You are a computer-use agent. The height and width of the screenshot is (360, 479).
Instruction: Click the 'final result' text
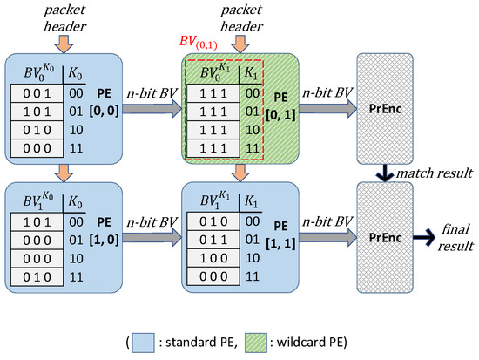tap(452, 235)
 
